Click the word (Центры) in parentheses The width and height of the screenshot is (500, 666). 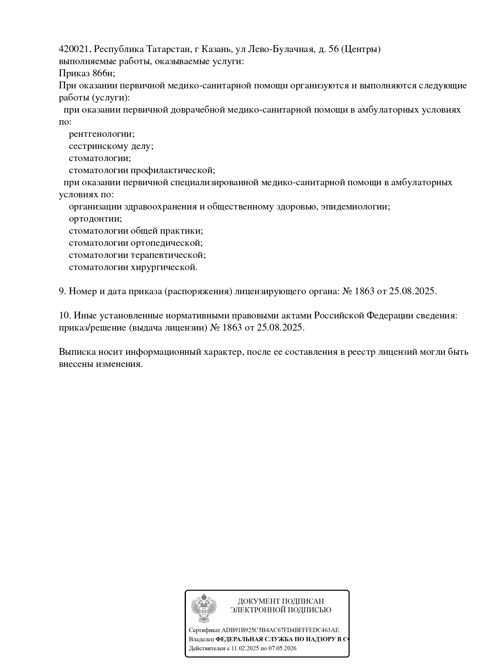360,49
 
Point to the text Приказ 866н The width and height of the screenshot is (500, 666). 87,73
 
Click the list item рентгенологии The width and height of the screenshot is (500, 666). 102,134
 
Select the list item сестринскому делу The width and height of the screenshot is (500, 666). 111,146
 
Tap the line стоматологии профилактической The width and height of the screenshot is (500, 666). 142,170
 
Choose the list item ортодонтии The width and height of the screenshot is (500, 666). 95,219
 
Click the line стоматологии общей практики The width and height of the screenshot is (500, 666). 136,231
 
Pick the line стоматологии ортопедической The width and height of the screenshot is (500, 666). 135,243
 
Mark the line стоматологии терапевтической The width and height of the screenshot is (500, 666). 137,255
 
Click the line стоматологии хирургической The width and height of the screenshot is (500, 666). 133,267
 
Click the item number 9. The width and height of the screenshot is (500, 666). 62,291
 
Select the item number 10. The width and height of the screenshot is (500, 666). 65,316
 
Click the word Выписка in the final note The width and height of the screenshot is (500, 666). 77,352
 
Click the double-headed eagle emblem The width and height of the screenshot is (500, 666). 204,608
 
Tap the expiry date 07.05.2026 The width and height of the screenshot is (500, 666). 282,649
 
